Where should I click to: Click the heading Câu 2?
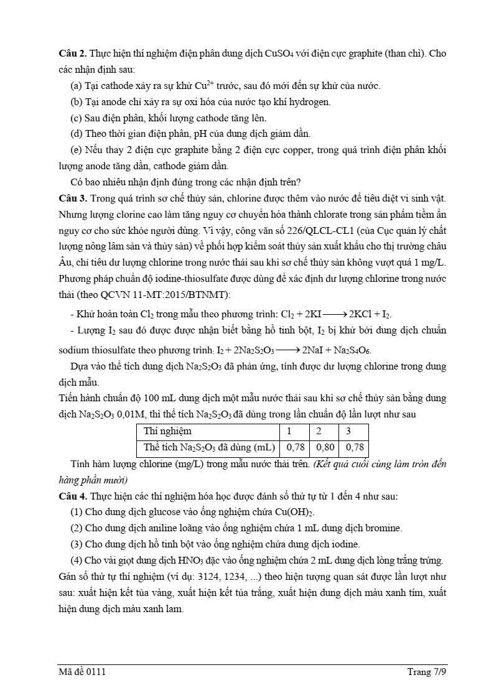pos(72,54)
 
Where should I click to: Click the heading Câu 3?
pos(72,198)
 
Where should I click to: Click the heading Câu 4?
pos(72,496)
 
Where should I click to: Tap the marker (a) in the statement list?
pos(78,86)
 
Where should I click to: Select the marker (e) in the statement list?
pos(78,150)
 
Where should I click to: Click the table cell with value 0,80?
pos(324,447)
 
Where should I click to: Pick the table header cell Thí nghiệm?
pos(167,431)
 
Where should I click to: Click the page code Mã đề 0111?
pos(80,672)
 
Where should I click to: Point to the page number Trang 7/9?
pos(427,672)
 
